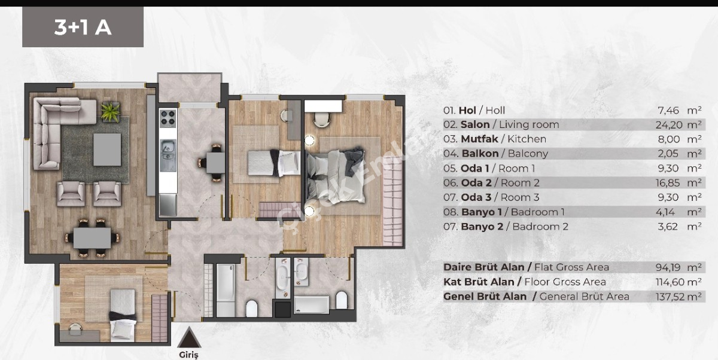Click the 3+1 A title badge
83,28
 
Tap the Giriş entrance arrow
188,338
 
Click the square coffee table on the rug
107,149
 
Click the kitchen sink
168,145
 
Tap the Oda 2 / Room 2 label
500,182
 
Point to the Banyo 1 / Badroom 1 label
512,212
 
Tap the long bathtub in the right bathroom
311,304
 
